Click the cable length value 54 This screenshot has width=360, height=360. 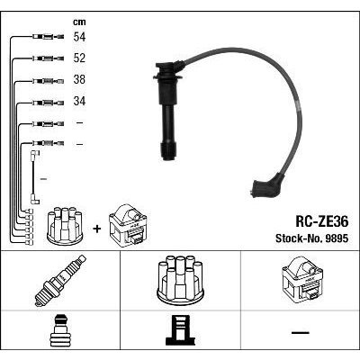tap(79, 37)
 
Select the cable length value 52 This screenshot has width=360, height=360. tap(79, 58)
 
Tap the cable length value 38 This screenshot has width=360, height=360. tap(79, 79)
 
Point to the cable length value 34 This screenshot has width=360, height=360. tap(79, 101)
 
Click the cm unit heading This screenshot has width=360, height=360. tap(79, 22)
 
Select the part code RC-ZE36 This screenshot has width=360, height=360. tap(322, 222)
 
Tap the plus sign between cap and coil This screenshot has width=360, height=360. tap(96, 229)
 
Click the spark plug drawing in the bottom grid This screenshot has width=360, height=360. tap(60, 281)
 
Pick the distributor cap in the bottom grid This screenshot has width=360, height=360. tap(180, 278)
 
